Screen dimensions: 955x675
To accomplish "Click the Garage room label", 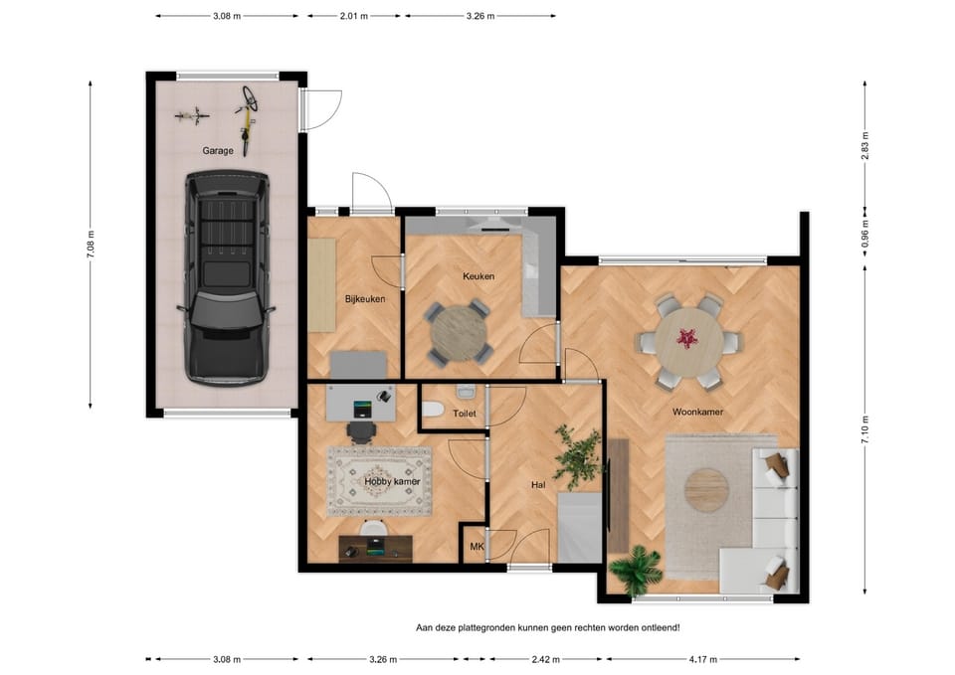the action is (218, 150).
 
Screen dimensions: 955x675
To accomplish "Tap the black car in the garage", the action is (227, 277).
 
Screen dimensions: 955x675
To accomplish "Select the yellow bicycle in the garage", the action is (246, 120).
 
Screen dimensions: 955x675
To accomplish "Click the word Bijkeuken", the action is (365, 299).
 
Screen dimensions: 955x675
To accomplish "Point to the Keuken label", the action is (478, 275).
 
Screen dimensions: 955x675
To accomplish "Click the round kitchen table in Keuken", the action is (460, 334).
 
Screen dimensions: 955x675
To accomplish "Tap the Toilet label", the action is (465, 414).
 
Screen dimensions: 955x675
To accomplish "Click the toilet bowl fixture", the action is (433, 410).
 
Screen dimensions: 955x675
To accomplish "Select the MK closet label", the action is (477, 547).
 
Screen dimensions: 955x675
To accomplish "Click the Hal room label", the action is (538, 485).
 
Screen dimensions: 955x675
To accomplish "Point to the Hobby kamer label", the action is (392, 481).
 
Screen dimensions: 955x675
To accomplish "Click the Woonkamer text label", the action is (697, 412).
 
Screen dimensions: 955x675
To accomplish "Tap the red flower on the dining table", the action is (687, 338).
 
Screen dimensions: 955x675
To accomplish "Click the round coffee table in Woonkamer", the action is (706, 489).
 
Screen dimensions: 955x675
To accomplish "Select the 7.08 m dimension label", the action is (91, 245).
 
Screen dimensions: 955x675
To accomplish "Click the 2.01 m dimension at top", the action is (354, 17).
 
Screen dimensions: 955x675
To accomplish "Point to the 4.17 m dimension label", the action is (703, 659).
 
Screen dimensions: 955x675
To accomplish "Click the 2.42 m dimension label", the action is (545, 659).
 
